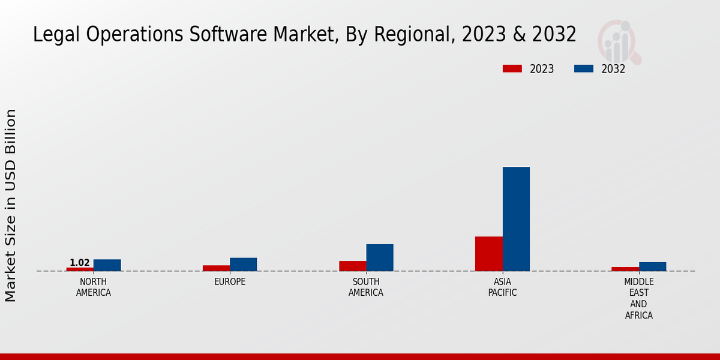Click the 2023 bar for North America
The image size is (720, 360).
[80, 269]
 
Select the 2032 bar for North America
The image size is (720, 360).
[107, 265]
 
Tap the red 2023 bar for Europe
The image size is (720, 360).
[216, 268]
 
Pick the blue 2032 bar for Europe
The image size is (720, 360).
[244, 265]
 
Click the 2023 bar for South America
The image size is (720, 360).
[353, 266]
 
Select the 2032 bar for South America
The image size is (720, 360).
[380, 257]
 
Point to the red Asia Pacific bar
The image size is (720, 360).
[489, 254]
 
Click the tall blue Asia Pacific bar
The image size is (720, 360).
[516, 219]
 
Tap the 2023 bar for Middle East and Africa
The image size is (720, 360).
[625, 269]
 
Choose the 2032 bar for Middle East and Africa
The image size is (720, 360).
[653, 266]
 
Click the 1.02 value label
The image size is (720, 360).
[80, 263]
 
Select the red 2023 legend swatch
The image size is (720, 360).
[512, 68]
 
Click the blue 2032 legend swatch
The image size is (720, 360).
[584, 68]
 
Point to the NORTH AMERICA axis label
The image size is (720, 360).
[94, 287]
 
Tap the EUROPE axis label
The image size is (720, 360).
[230, 282]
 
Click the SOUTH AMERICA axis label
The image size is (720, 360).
[366, 287]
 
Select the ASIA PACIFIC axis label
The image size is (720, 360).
[503, 287]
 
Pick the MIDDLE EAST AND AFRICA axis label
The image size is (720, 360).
[639, 299]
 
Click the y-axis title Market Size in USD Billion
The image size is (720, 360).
[11, 205]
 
